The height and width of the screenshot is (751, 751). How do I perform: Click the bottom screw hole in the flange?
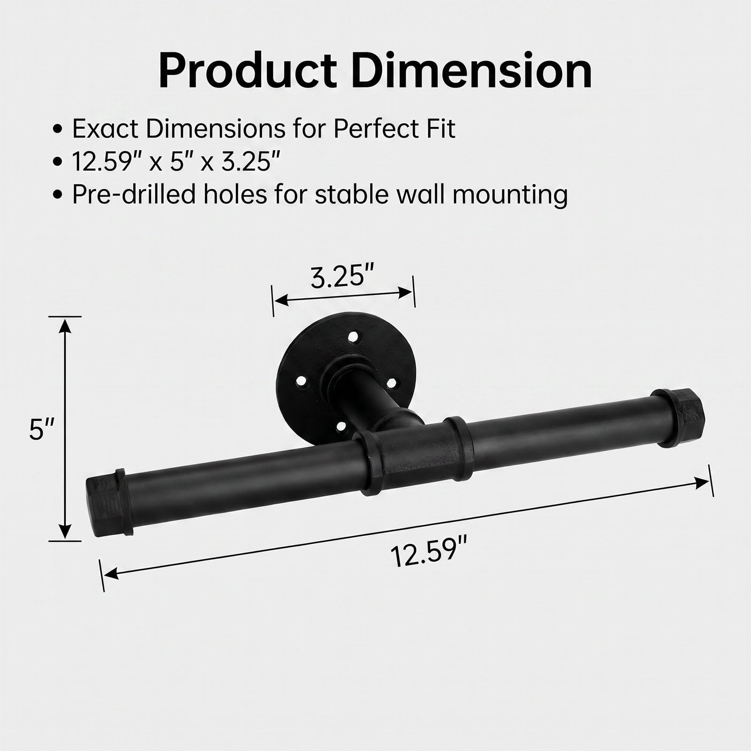(x=341, y=426)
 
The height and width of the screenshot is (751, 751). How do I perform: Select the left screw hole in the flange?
(x=297, y=391)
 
